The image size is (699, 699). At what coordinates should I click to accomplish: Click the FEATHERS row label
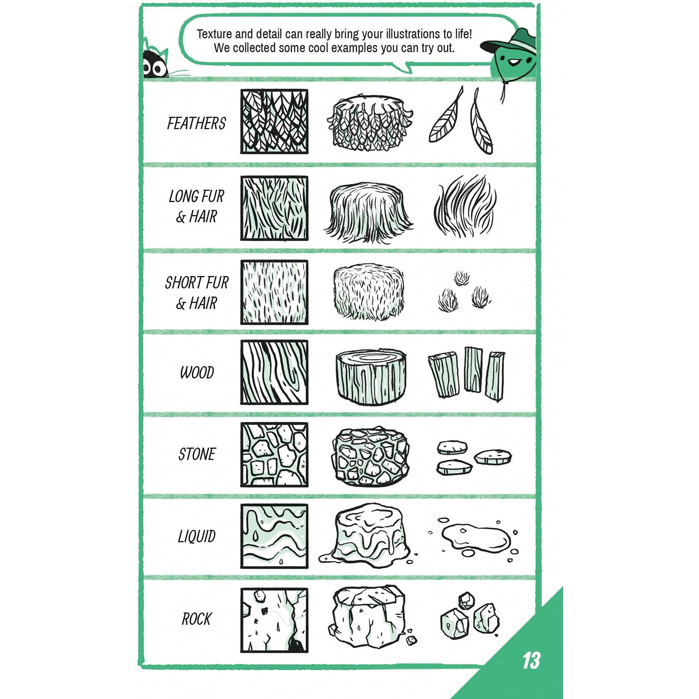coord(196,123)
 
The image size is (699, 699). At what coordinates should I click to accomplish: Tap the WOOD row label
coord(197,373)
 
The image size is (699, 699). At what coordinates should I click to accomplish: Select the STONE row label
coord(197,454)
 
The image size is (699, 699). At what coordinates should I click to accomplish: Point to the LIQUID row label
coord(197,536)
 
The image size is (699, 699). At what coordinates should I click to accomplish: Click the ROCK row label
coord(196,619)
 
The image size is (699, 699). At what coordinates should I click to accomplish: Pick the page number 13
coord(531,661)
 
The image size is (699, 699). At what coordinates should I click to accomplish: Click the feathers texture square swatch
coord(274,122)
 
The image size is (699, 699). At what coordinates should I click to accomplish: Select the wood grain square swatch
coord(274,372)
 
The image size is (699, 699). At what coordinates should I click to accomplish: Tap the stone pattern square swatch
coord(274,455)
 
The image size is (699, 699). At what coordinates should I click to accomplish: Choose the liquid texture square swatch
coord(274,536)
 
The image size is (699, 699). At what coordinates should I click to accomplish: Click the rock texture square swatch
coord(274,620)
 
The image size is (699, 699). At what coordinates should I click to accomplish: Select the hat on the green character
coord(508,41)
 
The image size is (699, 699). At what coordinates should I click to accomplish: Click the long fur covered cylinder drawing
coord(368,212)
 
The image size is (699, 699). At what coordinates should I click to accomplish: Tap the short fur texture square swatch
coord(274,292)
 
